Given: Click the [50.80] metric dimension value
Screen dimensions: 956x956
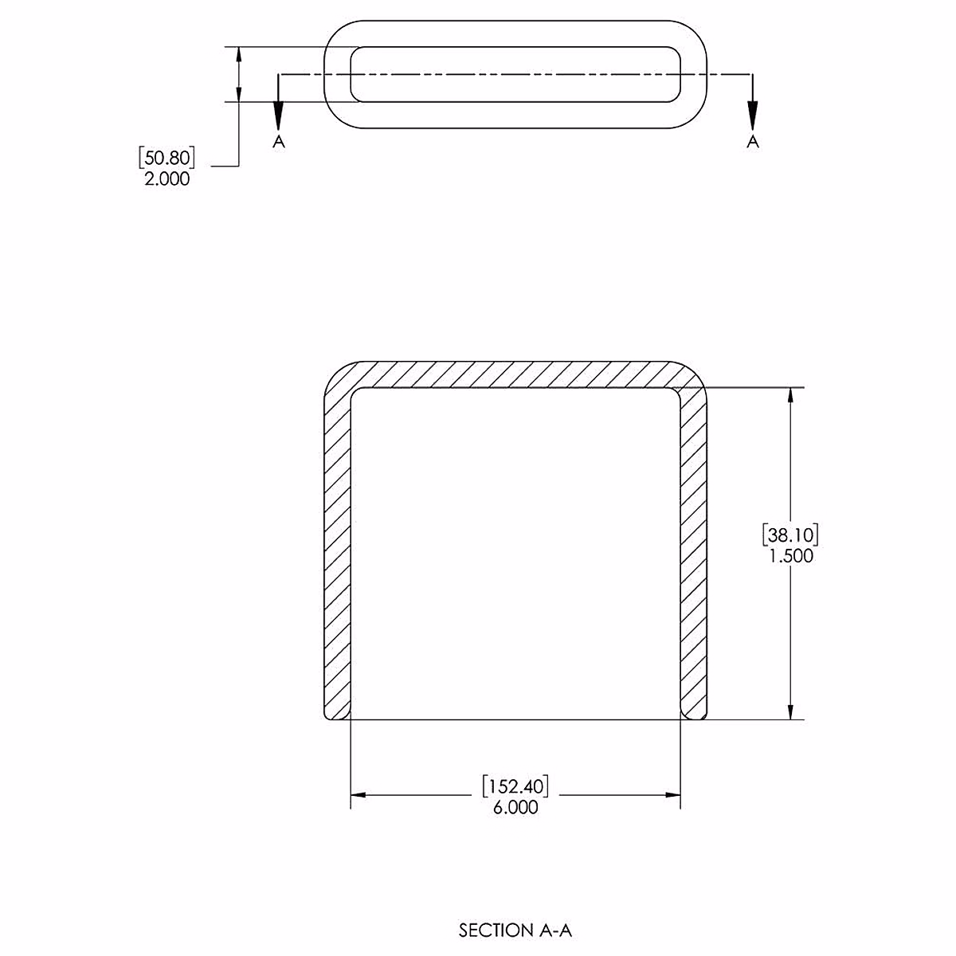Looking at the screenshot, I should pos(167,158).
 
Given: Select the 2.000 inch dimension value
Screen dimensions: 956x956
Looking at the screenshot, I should pos(167,178).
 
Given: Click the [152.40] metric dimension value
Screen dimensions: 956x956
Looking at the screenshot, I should pos(515,786).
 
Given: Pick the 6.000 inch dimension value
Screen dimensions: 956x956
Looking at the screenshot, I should pos(515,807).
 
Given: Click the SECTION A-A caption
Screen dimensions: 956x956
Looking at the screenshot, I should pos(515,930).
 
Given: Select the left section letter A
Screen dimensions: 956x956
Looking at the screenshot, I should pos(278,142).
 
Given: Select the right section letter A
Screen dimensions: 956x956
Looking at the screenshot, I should pos(752,142).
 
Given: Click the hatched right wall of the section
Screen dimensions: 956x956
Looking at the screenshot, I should pos(694,558).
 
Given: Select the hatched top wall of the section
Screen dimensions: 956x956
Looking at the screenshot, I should pos(515,374).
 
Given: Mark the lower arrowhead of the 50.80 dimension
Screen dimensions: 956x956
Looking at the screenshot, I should pos(238,92).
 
